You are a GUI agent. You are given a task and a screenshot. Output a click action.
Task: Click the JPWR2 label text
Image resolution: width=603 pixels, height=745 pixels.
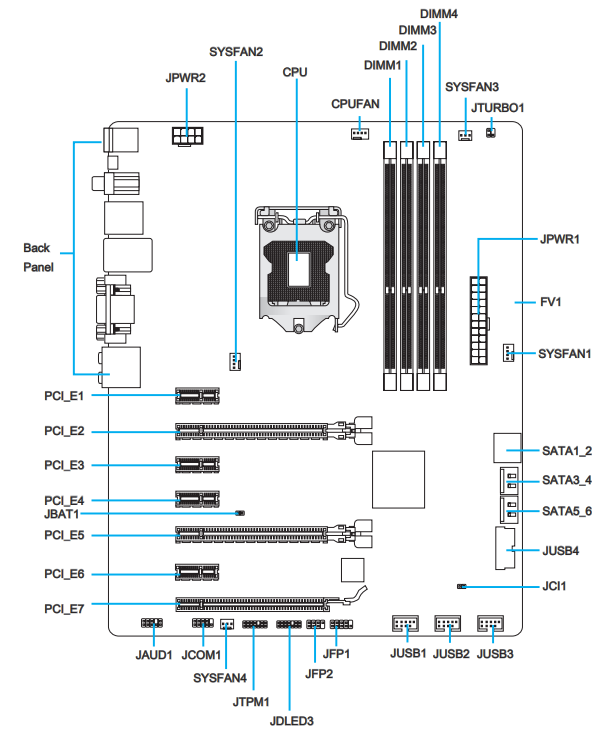[185, 78]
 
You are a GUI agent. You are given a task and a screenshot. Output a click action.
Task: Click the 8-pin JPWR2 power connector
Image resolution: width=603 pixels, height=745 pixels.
[187, 136]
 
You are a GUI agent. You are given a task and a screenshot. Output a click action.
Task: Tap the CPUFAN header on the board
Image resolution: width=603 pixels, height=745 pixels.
[360, 134]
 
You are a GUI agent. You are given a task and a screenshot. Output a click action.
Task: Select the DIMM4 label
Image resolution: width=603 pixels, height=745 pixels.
[439, 14]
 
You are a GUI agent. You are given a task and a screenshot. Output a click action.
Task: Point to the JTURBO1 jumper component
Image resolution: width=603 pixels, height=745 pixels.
[490, 132]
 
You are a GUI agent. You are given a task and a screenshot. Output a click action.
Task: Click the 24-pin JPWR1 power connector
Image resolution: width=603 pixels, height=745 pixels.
[479, 321]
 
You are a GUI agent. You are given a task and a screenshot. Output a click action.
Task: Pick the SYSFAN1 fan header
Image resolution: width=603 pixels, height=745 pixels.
[508, 353]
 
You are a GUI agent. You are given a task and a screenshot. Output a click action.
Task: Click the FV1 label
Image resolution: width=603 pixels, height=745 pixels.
[551, 302]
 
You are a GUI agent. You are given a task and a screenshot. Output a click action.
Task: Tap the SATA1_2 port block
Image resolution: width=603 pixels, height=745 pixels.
[507, 448]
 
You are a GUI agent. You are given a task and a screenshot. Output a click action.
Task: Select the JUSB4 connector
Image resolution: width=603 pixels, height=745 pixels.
[505, 548]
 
